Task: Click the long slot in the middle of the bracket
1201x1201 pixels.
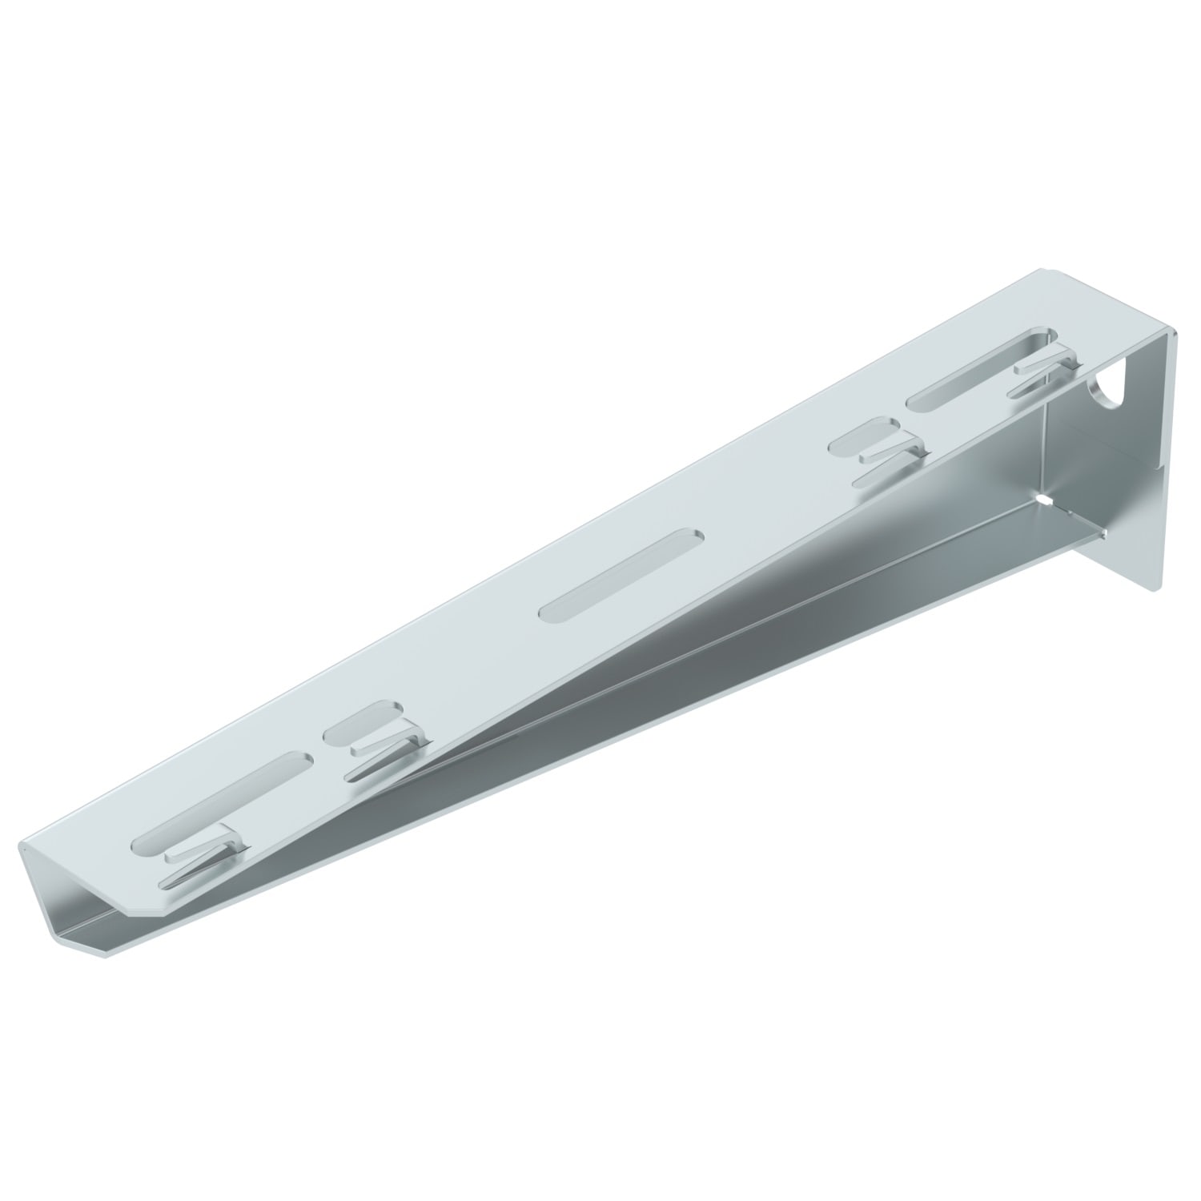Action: pos(621,573)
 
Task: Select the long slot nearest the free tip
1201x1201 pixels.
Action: pos(223,793)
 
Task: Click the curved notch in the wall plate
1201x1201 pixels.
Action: pos(1108,386)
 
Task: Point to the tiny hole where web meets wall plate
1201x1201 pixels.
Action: pos(1043,500)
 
